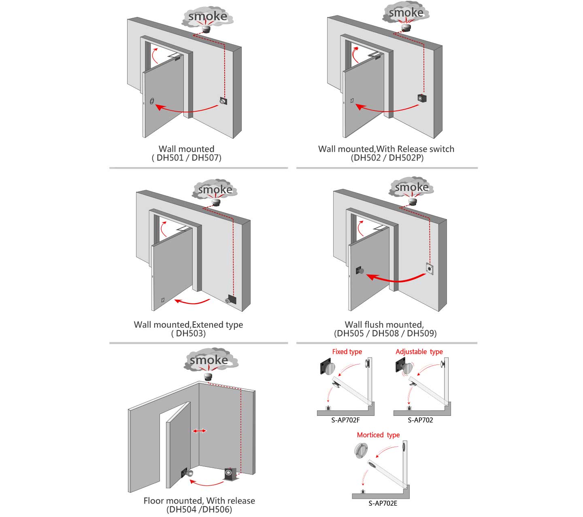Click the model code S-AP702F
[345, 420]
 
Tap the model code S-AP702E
[383, 503]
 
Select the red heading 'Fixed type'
[347, 352]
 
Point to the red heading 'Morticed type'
[378, 435]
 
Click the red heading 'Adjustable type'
[419, 352]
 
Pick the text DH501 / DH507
[187, 158]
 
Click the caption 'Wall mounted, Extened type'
[188, 324]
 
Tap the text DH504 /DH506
[199, 509]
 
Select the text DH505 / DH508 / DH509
[385, 333]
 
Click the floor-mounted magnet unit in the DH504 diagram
[230, 474]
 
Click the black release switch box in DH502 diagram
[422, 98]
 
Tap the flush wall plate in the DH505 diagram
[429, 269]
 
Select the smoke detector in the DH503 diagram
[216, 202]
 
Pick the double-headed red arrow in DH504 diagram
[199, 431]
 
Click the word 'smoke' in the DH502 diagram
[406, 13]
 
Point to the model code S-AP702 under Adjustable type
[420, 420]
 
